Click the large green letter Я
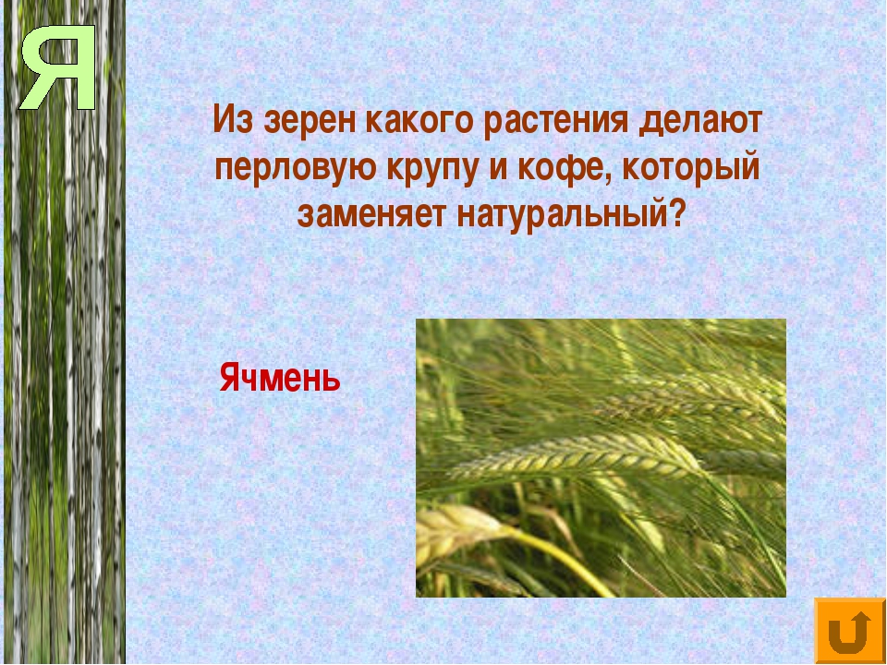pyautogui.click(x=59, y=67)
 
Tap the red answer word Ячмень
pyautogui.click(x=279, y=378)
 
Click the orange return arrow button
pyautogui.click(x=850, y=631)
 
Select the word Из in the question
pyautogui.click(x=233, y=120)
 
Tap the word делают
pyautogui.click(x=701, y=121)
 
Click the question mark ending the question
pyautogui.click(x=676, y=213)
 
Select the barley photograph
pyautogui.click(x=601, y=458)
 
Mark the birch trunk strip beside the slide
pyautogui.click(x=65, y=332)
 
